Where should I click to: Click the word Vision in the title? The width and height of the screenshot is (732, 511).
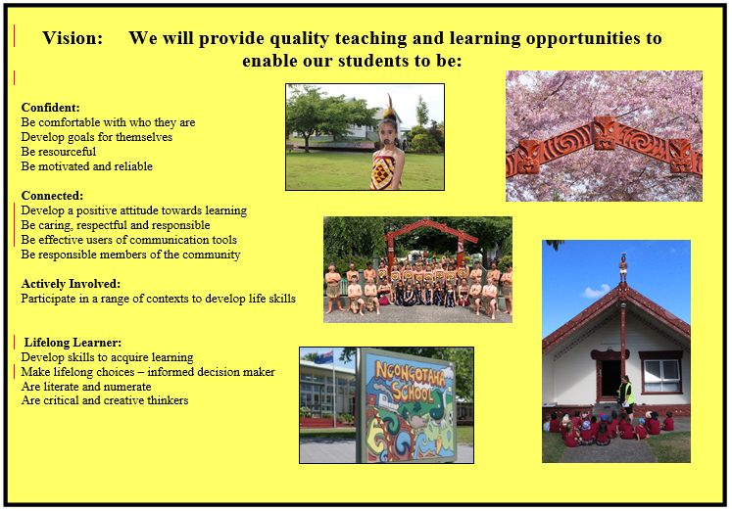pos(73,38)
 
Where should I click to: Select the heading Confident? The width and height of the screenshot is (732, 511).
pos(50,108)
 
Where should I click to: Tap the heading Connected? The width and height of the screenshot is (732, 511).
pos(52,196)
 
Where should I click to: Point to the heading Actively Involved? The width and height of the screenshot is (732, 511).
pos(71,284)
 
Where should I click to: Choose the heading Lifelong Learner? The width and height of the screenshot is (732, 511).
pos(73,343)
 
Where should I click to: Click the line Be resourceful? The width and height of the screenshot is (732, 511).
pos(59,152)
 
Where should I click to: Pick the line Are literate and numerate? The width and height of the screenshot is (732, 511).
pos(86,387)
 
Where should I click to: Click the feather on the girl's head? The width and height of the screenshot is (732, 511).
pos(389,106)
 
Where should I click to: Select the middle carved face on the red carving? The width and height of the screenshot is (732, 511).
pos(604,133)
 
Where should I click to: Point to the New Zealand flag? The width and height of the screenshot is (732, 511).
pos(323,357)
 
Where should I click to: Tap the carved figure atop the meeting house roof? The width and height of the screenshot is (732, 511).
pos(623,266)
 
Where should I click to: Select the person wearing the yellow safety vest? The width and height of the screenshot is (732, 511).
pos(626,394)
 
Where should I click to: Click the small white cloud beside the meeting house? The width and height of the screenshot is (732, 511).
pos(594,292)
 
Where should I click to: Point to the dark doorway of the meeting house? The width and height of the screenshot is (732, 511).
pos(610,378)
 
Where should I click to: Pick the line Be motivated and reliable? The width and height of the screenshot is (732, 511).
pos(87,166)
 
